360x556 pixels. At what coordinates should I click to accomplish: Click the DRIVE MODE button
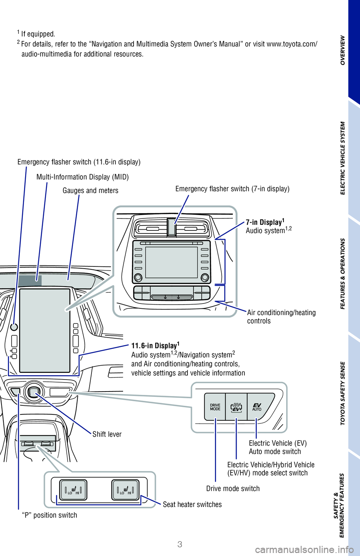[x=215, y=407]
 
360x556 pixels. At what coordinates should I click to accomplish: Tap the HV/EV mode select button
[x=236, y=407]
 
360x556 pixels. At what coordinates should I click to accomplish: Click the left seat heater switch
[x=73, y=490]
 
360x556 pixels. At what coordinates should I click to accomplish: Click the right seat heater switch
[x=125, y=490]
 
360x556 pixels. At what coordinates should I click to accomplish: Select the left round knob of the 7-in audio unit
[x=138, y=277]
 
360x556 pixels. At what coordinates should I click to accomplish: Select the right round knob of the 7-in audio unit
[x=205, y=277]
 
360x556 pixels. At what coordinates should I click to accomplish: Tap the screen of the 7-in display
[x=171, y=262]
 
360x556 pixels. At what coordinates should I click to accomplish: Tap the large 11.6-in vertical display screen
[x=45, y=330]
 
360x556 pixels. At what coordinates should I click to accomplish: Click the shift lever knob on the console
[x=33, y=392]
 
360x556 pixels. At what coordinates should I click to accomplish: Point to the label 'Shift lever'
[x=107, y=434]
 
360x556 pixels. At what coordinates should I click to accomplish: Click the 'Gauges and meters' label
[x=90, y=191]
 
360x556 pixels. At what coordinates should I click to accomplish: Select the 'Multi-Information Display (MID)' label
[x=82, y=177]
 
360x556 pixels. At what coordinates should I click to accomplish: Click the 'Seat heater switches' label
[x=192, y=505]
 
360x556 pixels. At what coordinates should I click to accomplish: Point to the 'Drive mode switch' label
[x=233, y=489]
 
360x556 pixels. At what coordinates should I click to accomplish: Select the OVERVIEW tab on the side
[x=343, y=50]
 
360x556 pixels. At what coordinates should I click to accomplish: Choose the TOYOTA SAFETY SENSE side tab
[x=343, y=393]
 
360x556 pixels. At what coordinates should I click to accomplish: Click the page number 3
[x=180, y=544]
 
